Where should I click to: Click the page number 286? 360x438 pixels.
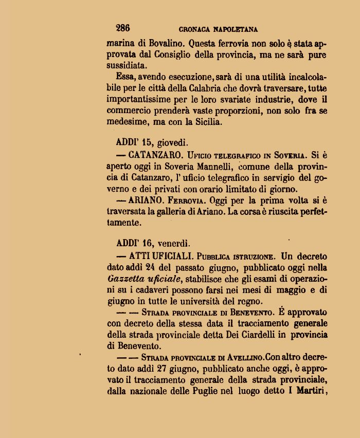point(123,28)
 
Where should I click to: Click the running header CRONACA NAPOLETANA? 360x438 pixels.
point(218,30)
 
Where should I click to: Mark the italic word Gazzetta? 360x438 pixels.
point(125,279)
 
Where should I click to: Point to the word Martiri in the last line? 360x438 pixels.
point(308,392)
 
